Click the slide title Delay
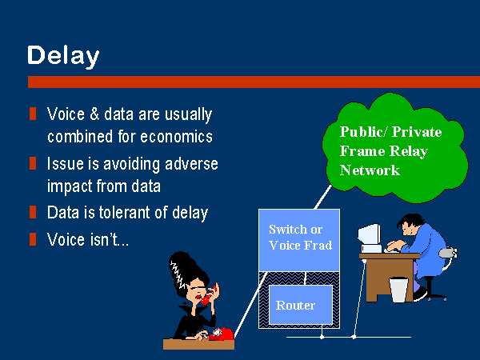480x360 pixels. point(63,56)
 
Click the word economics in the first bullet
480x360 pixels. point(176,137)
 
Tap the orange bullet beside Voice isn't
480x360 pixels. point(33,239)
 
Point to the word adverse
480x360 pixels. point(191,164)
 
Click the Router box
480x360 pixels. point(301,305)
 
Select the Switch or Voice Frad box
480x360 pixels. point(299,240)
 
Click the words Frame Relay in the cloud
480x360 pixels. point(383,151)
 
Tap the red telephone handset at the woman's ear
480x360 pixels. point(210,294)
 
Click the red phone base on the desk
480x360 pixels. point(221,334)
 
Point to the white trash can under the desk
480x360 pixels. point(398,290)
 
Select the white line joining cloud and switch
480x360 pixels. point(323,197)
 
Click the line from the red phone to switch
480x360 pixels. point(250,305)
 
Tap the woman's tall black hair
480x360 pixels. point(186,270)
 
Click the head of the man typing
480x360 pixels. point(410,224)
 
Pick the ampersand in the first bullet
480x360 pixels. point(94,114)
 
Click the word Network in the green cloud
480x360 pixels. point(370,170)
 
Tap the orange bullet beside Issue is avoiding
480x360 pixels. point(33,163)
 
